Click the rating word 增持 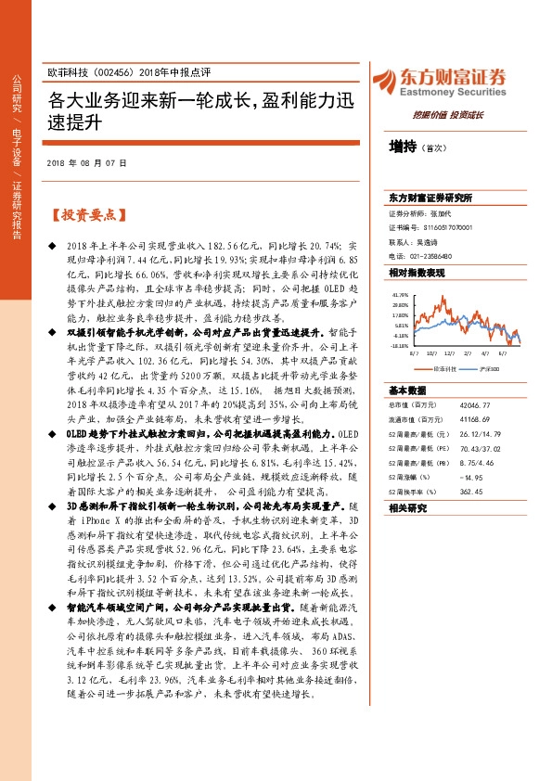tap(404, 146)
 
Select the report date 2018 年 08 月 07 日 tap(86, 162)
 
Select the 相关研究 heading tap(407, 508)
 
